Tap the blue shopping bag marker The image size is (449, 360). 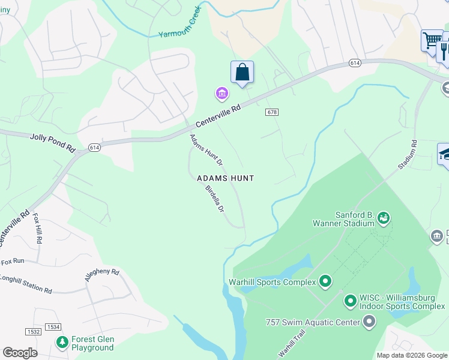click(x=242, y=73)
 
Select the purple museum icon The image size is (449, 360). click(x=222, y=94)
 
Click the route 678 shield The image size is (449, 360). click(x=271, y=112)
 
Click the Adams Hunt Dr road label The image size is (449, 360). click(x=206, y=150)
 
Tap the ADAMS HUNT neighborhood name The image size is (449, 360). click(x=226, y=178)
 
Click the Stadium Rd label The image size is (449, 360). click(x=406, y=155)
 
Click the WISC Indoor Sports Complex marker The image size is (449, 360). click(x=350, y=301)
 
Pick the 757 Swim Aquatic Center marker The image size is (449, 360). click(x=369, y=322)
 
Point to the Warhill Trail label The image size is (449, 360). click(x=293, y=343)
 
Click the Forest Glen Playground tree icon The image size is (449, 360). click(x=62, y=343)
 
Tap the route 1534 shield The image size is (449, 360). click(x=54, y=327)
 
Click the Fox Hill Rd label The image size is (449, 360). click(x=38, y=228)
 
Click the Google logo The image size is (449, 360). click(x=20, y=353)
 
